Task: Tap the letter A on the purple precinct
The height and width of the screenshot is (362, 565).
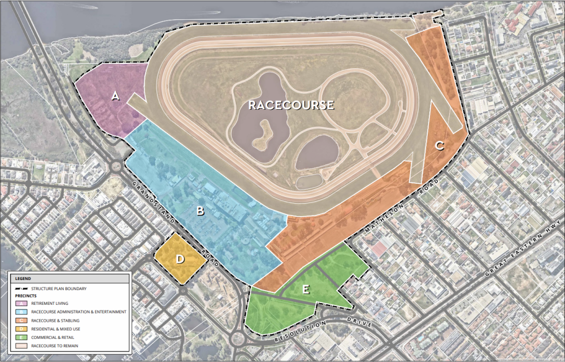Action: (115, 96)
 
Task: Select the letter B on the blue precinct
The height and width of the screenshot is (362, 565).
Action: (199, 212)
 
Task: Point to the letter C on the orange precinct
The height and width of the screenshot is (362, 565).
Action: (440, 146)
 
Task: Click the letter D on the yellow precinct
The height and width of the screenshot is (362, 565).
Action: (180, 260)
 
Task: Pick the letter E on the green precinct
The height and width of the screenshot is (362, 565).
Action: (306, 290)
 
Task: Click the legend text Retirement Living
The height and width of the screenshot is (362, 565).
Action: (50, 304)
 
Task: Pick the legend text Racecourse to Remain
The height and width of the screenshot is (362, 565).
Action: (55, 346)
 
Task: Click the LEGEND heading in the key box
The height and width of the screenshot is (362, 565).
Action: (23, 279)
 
